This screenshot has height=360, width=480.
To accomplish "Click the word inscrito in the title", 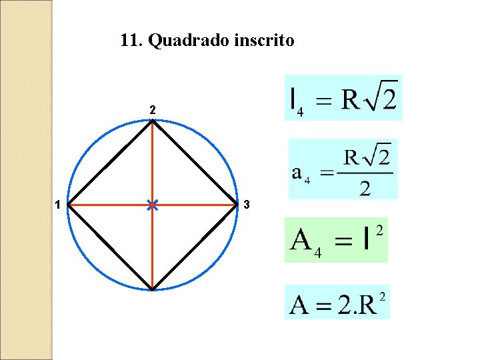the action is click(265, 41).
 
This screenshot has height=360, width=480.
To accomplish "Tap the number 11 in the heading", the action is click(129, 41).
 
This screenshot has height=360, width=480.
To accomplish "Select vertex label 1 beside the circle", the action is click(59, 205).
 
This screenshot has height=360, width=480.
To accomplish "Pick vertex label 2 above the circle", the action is click(153, 110).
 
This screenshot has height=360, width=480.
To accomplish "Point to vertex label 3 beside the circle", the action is click(247, 205).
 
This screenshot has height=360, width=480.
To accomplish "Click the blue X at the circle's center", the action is click(153, 205).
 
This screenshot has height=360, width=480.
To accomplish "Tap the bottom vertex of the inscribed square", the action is click(153, 289).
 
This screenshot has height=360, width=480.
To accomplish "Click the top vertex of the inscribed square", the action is click(153, 121).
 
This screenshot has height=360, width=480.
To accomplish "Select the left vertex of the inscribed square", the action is click(69, 205).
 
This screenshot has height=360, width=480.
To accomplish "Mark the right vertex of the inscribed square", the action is click(237, 205).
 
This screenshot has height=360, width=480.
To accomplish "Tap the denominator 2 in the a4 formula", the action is click(365, 189).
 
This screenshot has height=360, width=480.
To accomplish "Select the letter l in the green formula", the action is click(367, 239).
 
